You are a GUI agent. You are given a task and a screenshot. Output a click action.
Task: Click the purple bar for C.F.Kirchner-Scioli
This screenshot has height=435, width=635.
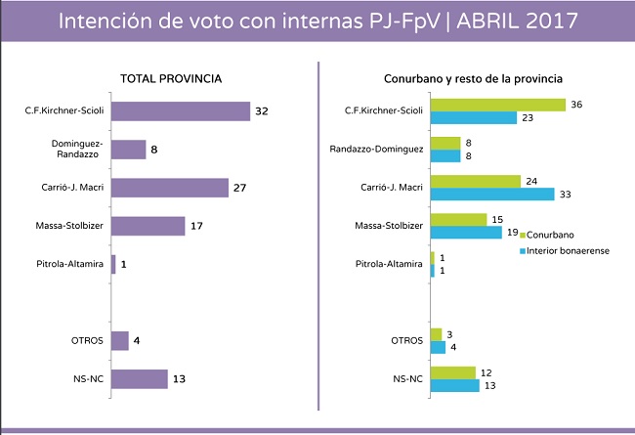pyautogui.click(x=180, y=111)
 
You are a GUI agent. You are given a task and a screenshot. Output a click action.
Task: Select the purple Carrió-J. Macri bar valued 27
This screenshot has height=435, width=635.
pyautogui.click(x=169, y=188)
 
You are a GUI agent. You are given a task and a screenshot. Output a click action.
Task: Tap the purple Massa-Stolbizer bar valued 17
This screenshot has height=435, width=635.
pyautogui.click(x=148, y=226)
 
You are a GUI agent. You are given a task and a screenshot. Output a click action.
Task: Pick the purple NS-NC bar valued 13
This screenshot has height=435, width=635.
pyautogui.click(x=139, y=378)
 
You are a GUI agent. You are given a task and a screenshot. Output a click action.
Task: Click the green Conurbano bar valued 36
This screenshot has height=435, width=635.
pyautogui.click(x=498, y=105)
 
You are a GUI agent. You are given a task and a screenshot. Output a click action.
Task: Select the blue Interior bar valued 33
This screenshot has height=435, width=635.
pyautogui.click(x=492, y=194)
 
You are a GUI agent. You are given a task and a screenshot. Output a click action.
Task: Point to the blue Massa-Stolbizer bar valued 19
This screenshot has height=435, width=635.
pyautogui.click(x=466, y=233)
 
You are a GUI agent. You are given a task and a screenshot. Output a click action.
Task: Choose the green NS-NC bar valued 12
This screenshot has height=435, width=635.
pyautogui.click(x=452, y=371)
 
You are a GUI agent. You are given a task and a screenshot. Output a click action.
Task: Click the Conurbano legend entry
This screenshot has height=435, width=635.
pyautogui.click(x=551, y=236)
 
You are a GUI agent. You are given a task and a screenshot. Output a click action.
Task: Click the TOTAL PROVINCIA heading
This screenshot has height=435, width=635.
pyautogui.click(x=171, y=78)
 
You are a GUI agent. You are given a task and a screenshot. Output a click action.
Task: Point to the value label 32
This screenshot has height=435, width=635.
pyautogui.click(x=261, y=111)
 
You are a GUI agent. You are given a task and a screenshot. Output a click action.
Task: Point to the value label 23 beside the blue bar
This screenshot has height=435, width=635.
pyautogui.click(x=527, y=118)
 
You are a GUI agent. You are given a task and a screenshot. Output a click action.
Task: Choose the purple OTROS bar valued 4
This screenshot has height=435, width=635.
pyautogui.click(x=120, y=340)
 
